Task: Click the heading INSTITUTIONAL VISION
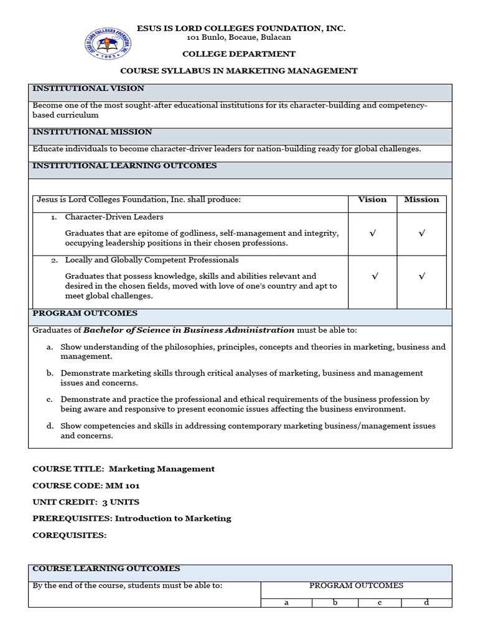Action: (x=88, y=88)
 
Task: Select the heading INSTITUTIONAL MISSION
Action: (x=91, y=132)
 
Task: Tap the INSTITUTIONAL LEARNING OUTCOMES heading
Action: (x=124, y=165)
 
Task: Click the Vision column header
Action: (x=372, y=200)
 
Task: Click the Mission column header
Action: (x=421, y=200)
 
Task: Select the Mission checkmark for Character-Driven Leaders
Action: (x=421, y=233)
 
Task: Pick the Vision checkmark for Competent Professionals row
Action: (x=374, y=276)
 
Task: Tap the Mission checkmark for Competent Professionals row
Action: (x=421, y=276)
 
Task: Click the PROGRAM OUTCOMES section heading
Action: (x=85, y=314)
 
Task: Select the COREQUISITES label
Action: (x=70, y=535)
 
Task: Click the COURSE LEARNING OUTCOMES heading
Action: (x=106, y=569)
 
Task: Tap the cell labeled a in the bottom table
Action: (x=286, y=602)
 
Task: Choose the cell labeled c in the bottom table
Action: (x=379, y=602)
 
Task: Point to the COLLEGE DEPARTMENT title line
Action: (x=239, y=54)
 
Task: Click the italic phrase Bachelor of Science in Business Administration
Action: (x=189, y=330)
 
